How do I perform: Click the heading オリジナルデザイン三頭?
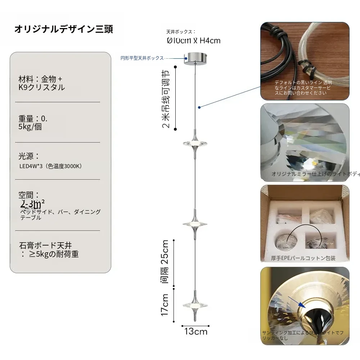pyautogui.click(x=63, y=29)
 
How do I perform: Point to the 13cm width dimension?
pyautogui.click(x=196, y=332)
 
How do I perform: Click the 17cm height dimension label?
pyautogui.click(x=165, y=305)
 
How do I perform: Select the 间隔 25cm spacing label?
pyautogui.click(x=165, y=261)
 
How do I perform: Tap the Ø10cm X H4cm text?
pyautogui.click(x=194, y=41)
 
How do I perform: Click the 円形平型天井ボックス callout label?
pyautogui.click(x=142, y=58)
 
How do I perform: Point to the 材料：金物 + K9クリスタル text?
pyautogui.click(x=41, y=83)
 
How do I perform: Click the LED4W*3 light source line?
pyautogui.click(x=51, y=166)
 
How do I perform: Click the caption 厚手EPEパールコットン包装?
pyautogui.click(x=303, y=258)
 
